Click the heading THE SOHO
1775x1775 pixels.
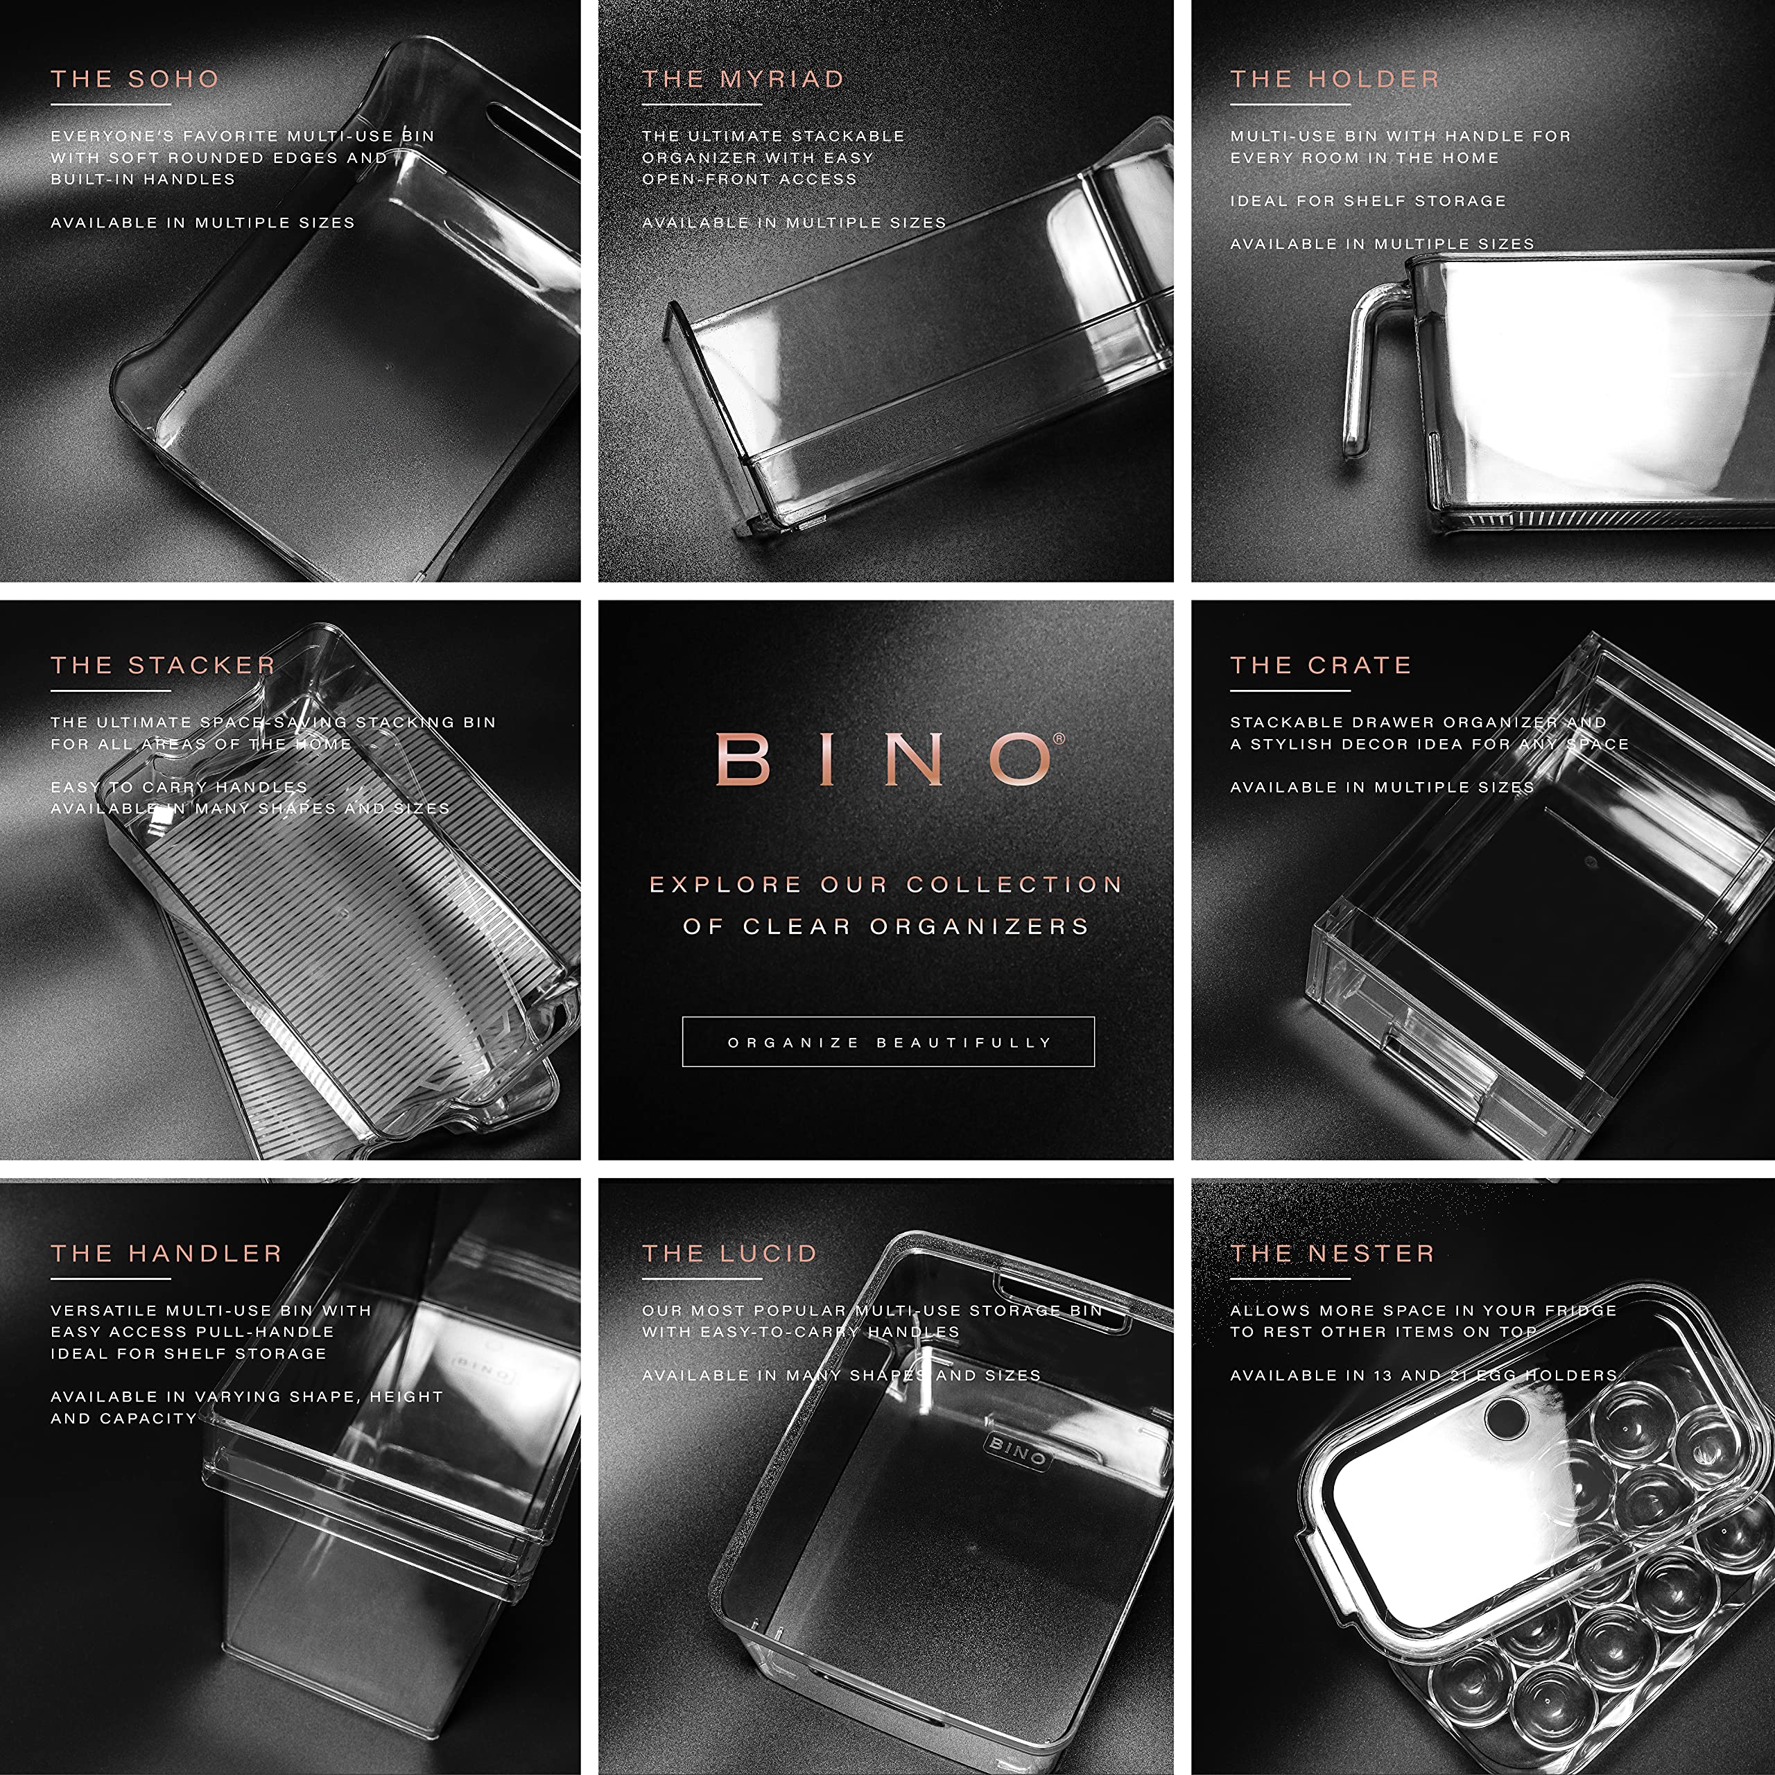click(x=135, y=79)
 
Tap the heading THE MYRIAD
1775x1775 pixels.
click(x=743, y=79)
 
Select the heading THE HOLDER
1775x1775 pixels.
click(x=1334, y=79)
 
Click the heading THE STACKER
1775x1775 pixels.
click(x=163, y=665)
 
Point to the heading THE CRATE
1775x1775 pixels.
click(x=1320, y=665)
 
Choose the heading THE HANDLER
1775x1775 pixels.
click(x=166, y=1253)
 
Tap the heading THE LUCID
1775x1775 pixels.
click(x=729, y=1253)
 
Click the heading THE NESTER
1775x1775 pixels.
click(x=1332, y=1253)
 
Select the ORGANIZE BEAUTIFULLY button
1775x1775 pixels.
click(x=887, y=1042)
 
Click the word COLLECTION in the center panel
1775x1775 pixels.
click(x=1014, y=885)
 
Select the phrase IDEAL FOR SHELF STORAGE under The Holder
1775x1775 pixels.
click(x=1367, y=200)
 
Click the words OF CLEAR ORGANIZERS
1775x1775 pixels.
click(x=887, y=926)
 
